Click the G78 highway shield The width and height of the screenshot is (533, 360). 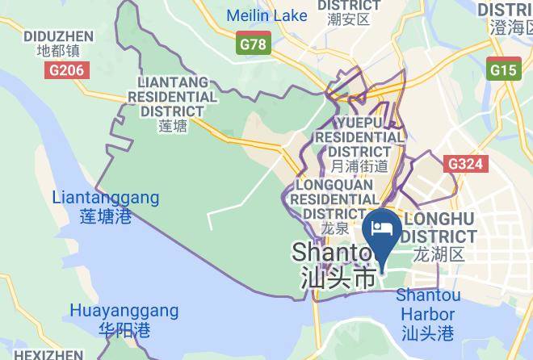(253, 44)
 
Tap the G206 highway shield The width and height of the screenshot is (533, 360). (64, 70)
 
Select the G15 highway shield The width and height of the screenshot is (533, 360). (502, 69)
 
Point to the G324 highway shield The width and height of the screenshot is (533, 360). (466, 164)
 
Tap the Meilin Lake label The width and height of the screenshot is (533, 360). (266, 15)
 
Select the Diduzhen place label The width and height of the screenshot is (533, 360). (58, 36)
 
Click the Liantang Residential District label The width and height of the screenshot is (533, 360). (177, 97)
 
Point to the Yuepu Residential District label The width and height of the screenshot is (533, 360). (360, 136)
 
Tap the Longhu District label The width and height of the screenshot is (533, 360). (440, 228)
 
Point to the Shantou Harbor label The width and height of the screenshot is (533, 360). (428, 304)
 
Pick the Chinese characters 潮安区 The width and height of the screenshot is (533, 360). (349, 19)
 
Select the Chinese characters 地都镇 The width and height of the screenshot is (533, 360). (58, 50)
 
